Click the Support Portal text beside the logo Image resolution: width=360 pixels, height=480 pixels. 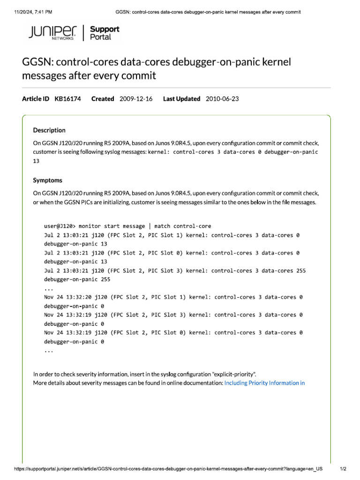[104, 33]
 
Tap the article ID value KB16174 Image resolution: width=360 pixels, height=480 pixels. [67, 99]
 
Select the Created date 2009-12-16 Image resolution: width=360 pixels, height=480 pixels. [136, 99]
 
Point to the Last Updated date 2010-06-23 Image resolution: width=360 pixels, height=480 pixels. [222, 99]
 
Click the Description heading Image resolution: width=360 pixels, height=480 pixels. [49, 130]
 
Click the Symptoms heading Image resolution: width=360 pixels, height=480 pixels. [47, 180]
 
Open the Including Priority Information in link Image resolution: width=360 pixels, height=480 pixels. [264, 383]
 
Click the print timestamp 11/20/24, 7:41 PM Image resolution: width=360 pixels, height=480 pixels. [29, 11]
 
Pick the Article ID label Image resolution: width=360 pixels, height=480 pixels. [36, 99]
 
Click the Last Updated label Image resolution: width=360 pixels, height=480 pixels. [181, 99]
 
